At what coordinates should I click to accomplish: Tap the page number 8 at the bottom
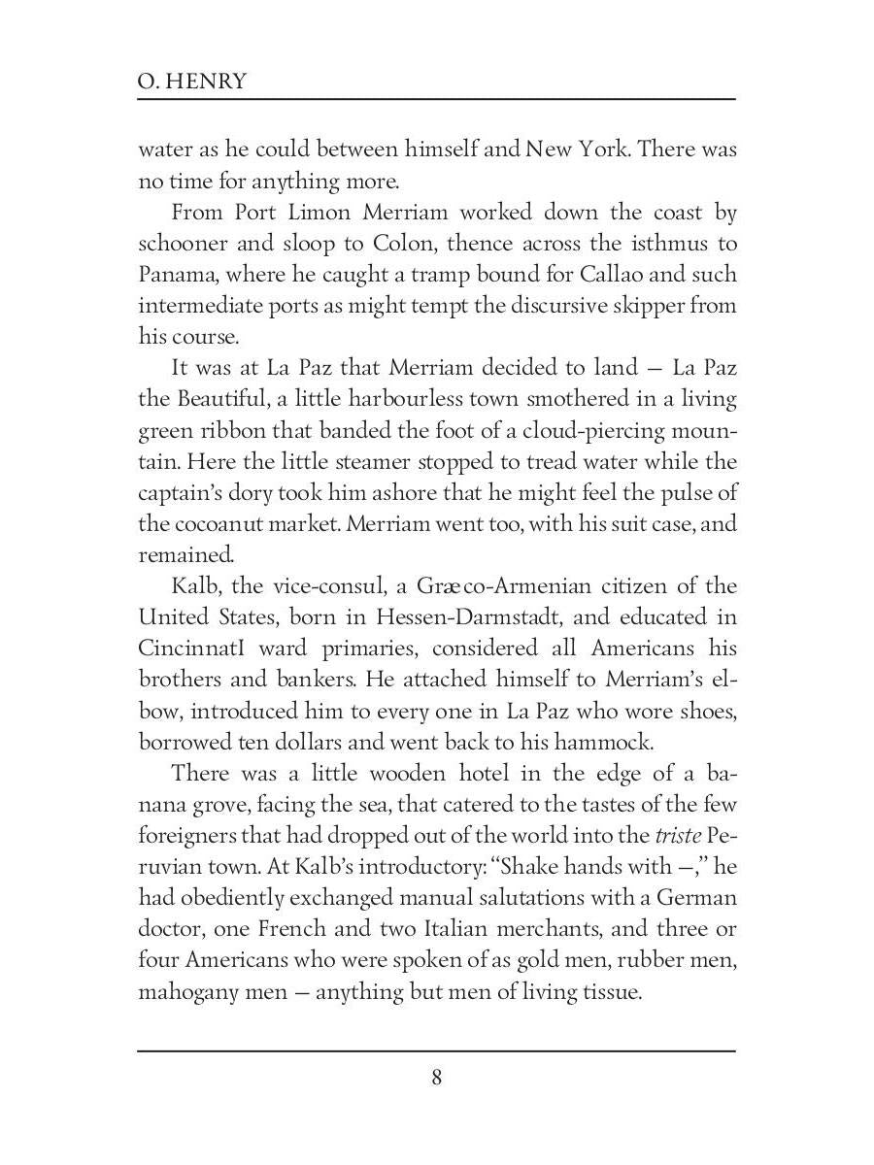(x=436, y=1078)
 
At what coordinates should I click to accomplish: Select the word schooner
(x=185, y=244)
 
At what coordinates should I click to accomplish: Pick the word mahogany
(x=187, y=993)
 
